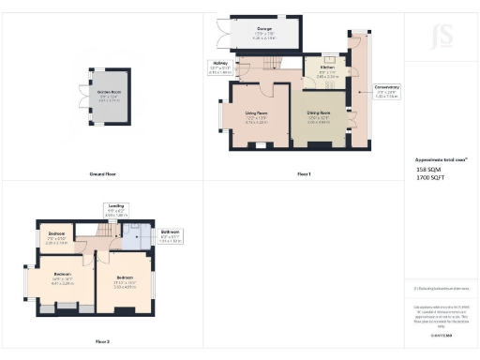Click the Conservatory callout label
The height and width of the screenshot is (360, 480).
pyautogui.click(x=386, y=89)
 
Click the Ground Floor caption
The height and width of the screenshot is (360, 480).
pyautogui.click(x=102, y=174)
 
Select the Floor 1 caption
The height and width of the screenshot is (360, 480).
pyautogui.click(x=303, y=174)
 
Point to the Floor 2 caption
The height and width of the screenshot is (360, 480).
pyautogui.click(x=102, y=342)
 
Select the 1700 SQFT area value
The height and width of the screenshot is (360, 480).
pyautogui.click(x=429, y=176)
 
